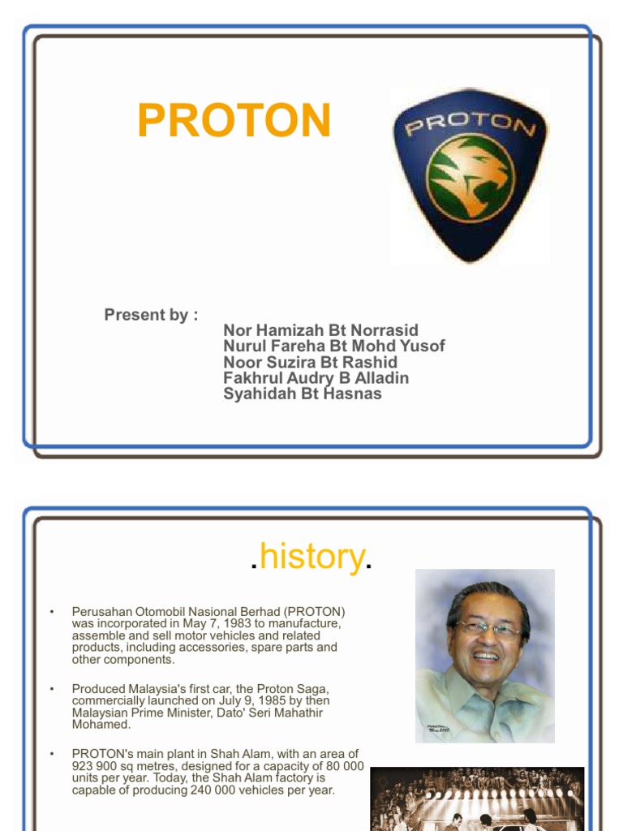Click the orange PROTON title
(234, 120)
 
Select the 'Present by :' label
(151, 315)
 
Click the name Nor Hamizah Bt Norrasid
(320, 330)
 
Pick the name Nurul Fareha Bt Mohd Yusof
(333, 347)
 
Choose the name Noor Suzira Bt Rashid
(310, 362)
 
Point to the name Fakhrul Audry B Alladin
(316, 378)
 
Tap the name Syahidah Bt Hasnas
(302, 394)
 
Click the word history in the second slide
(312, 558)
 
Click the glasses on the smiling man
(488, 628)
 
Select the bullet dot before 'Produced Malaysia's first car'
(51, 689)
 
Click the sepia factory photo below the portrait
(477, 799)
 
